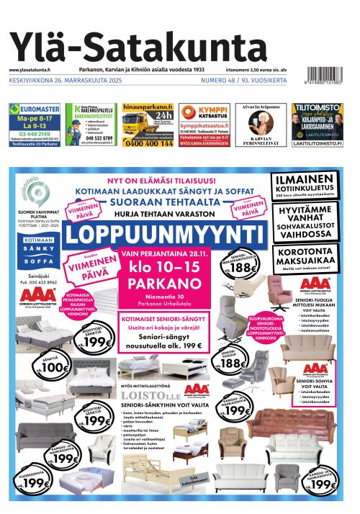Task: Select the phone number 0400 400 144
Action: (x=148, y=143)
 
